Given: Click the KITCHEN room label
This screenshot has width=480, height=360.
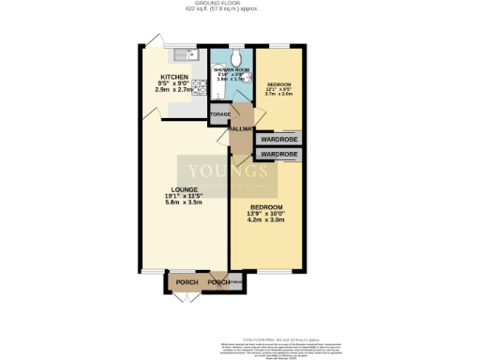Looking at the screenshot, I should (x=174, y=77).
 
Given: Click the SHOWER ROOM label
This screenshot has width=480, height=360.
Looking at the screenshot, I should (x=230, y=71).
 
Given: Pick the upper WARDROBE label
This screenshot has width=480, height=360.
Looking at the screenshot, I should (x=278, y=139).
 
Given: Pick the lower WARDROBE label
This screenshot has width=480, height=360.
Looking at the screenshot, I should (x=278, y=153).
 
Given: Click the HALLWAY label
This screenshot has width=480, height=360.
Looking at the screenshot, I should (x=242, y=130).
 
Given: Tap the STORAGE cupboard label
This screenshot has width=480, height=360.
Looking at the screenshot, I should (x=219, y=114).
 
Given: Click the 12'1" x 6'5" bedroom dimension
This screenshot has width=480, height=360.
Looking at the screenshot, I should (x=278, y=88).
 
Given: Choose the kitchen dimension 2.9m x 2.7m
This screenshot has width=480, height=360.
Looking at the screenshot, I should (x=174, y=92).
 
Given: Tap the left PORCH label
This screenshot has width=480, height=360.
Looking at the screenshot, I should (x=187, y=281).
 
